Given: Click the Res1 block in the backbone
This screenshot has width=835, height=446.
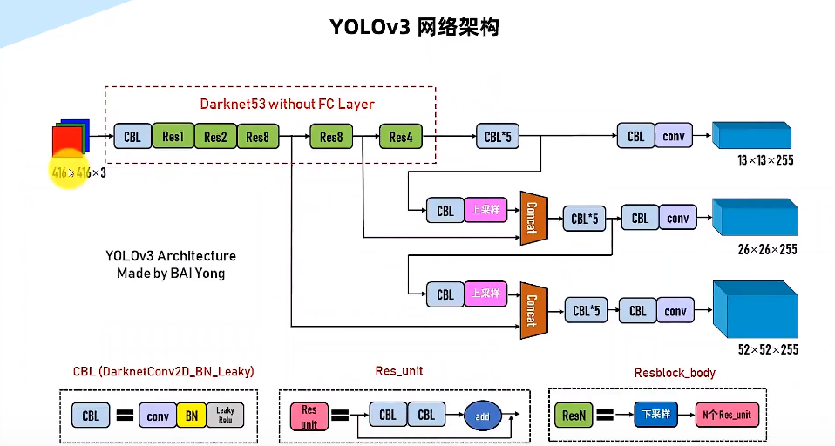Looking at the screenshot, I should coord(173,137).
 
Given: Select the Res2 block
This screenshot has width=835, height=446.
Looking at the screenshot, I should coord(215,137).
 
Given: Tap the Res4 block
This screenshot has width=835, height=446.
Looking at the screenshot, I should coord(400,137).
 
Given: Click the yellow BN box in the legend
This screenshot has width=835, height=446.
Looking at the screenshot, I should coord(192,416).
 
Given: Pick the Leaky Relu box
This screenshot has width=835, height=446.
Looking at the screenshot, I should coord(225,416).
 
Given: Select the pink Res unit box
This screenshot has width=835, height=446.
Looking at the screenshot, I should coord(309,416).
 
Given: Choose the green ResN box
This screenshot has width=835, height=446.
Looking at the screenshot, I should coord(574,416).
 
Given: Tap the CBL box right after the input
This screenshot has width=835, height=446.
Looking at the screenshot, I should coord(132,137).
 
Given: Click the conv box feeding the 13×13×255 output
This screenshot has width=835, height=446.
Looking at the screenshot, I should coord(673,136).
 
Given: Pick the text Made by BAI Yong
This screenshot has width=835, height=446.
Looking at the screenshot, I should coord(171,273).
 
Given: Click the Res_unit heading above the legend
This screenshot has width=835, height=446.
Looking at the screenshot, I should coord(398,371).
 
